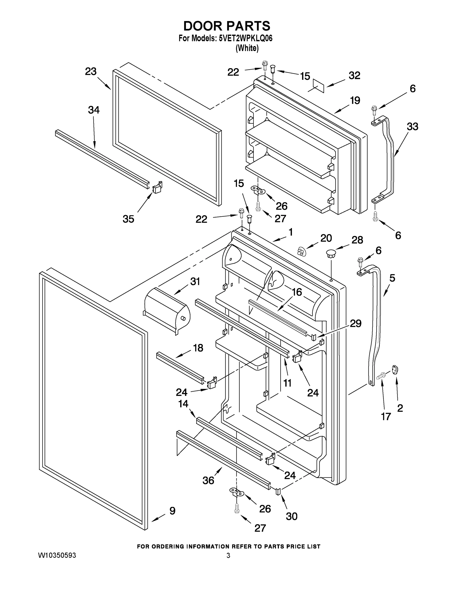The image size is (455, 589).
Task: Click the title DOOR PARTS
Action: [227, 26]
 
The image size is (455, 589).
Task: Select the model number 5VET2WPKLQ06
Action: [246, 39]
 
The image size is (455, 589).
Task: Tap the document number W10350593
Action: [57, 555]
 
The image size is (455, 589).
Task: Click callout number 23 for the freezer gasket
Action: [91, 72]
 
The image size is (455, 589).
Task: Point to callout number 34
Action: [93, 110]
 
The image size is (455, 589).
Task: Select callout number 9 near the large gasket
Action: [172, 510]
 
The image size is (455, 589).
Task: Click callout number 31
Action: [195, 281]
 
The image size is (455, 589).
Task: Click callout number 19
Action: [355, 100]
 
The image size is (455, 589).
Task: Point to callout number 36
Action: [208, 480]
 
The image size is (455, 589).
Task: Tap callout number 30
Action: [291, 516]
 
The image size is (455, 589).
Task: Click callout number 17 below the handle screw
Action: [386, 416]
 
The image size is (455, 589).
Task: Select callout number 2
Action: [400, 408]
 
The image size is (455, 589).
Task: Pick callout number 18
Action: [198, 348]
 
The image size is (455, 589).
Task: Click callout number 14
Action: [183, 404]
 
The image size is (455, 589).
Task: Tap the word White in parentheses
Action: [247, 48]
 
